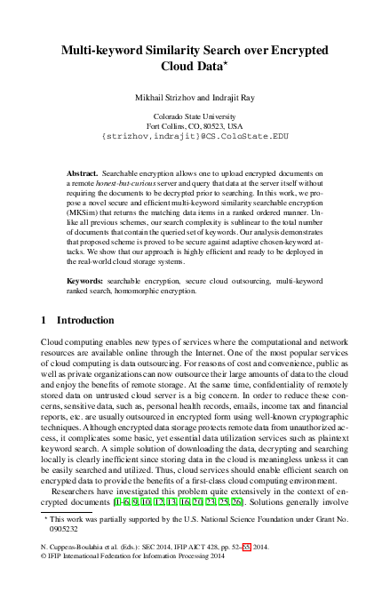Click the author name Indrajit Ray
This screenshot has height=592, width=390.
[233, 93]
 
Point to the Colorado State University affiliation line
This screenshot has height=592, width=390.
[195, 116]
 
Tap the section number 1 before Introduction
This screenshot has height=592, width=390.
[45, 319]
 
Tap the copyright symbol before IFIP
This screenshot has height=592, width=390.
[44, 562]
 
